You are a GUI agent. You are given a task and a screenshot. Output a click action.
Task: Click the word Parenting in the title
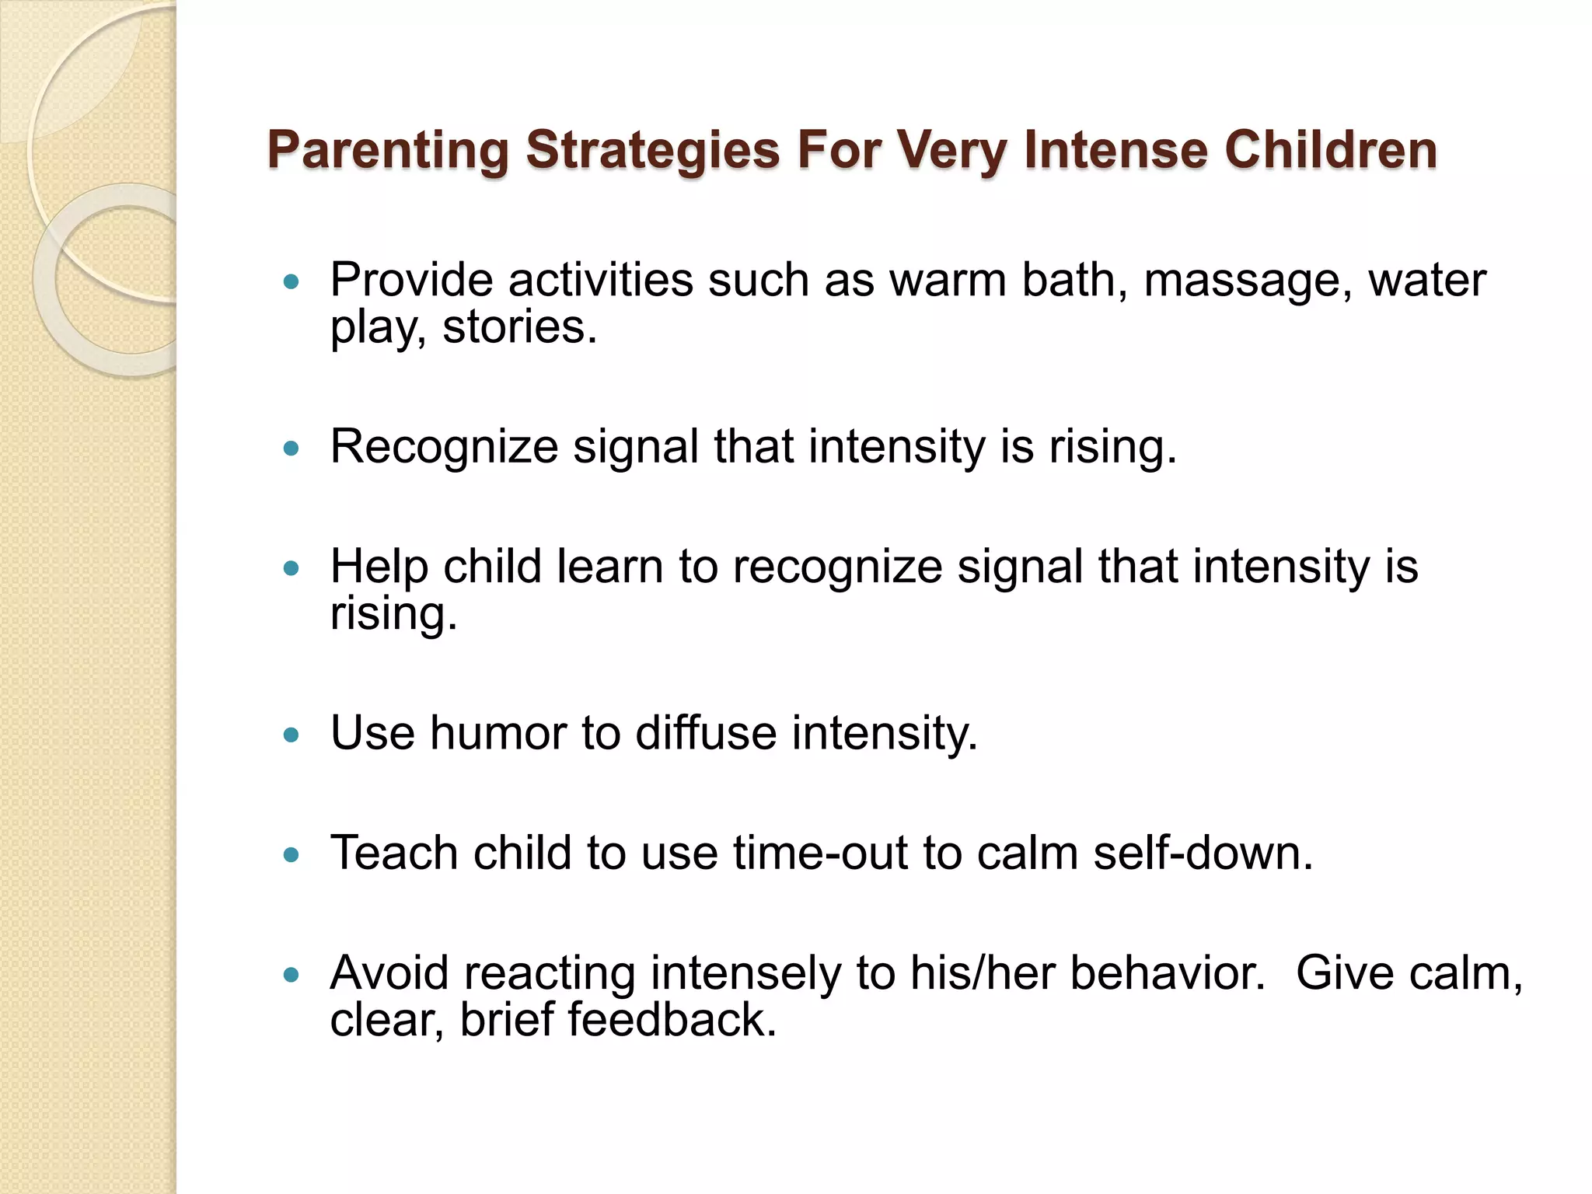pyautogui.click(x=388, y=150)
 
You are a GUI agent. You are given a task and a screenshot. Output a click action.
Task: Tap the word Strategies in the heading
pyautogui.click(x=652, y=150)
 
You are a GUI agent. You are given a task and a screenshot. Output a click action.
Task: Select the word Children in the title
pyautogui.click(x=1331, y=150)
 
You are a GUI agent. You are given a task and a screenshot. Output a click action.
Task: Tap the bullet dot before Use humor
pyautogui.click(x=292, y=734)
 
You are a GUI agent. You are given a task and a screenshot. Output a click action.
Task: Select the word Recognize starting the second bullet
pyautogui.click(x=444, y=448)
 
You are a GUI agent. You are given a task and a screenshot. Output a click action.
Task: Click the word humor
pyautogui.click(x=497, y=734)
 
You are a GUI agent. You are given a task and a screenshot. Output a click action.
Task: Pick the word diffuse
pyautogui.click(x=705, y=734)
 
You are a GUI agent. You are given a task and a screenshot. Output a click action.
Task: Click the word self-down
pyautogui.click(x=1203, y=854)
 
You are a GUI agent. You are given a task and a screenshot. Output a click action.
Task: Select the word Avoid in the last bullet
pyautogui.click(x=389, y=973)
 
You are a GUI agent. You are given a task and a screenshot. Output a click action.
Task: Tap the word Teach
pyautogui.click(x=394, y=854)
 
